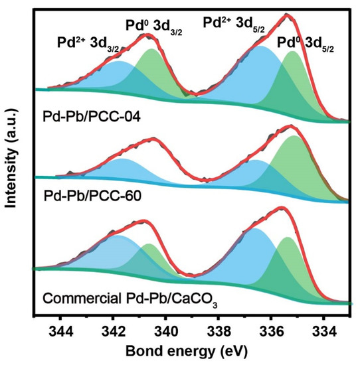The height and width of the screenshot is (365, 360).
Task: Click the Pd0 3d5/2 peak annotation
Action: pyautogui.click(x=307, y=46)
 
